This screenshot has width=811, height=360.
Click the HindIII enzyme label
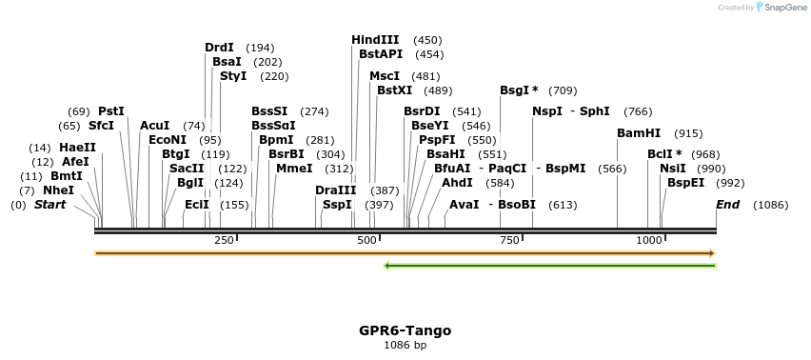pyautogui.click(x=375, y=40)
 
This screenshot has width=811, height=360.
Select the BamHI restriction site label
pyautogui.click(x=639, y=133)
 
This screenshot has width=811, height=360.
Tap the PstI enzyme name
pyautogui.click(x=111, y=111)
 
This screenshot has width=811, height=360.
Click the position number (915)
pyautogui.click(x=688, y=133)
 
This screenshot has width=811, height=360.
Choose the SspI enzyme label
pyautogui.click(x=337, y=205)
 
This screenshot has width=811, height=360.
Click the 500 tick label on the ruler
pyautogui.click(x=367, y=240)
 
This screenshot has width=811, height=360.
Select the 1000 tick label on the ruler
pyautogui.click(x=649, y=240)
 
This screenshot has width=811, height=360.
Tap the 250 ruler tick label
pyautogui.click(x=225, y=240)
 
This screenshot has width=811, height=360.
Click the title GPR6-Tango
pyautogui.click(x=405, y=330)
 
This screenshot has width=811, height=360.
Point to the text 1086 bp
pyautogui.click(x=405, y=345)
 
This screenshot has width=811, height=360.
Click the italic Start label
pyautogui.click(x=50, y=205)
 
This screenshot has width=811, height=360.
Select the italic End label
pyautogui.click(x=728, y=205)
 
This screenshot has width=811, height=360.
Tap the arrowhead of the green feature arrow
pyautogui.click(x=386, y=266)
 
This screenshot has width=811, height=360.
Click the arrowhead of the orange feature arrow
pyautogui.click(x=712, y=253)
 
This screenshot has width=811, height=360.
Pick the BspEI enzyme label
pyautogui.click(x=685, y=182)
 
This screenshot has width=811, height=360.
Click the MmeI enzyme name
pyautogui.click(x=294, y=169)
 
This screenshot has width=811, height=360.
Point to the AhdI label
pyautogui.click(x=457, y=182)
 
